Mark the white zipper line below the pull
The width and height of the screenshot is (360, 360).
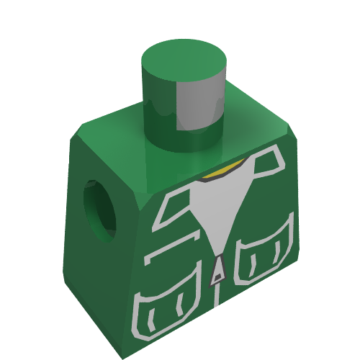tap(217, 295)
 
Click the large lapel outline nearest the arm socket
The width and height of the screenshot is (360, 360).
tap(176, 205)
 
